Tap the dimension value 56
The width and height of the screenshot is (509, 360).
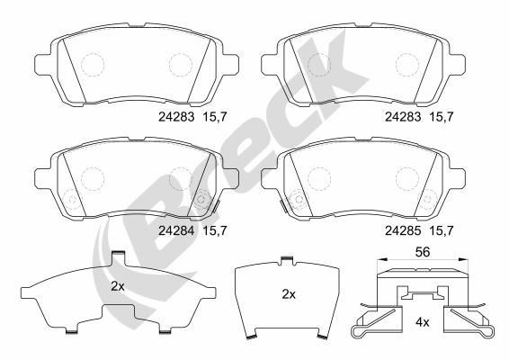point(421,253)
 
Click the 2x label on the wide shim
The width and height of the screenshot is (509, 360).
point(117,287)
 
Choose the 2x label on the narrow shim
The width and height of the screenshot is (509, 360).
point(289,294)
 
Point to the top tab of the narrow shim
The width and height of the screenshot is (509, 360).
point(285,262)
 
